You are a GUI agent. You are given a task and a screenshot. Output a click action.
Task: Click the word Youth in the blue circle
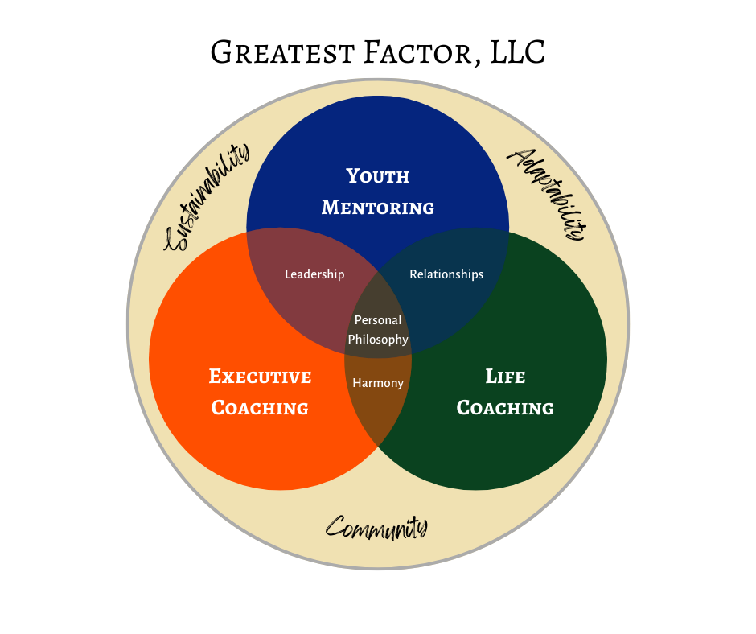point(377,176)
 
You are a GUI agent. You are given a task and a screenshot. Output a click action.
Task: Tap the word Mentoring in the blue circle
point(377,208)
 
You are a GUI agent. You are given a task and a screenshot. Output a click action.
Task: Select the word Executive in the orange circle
point(260,377)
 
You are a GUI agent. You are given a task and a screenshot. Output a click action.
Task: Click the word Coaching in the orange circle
point(260,408)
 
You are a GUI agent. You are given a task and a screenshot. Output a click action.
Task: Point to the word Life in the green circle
point(505,377)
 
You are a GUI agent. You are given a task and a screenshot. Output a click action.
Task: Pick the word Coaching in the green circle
point(505,408)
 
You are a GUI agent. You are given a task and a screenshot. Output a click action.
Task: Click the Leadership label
point(314,274)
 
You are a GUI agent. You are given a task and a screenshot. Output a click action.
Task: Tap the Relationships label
point(446,274)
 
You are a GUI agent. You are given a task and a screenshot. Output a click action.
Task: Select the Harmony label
point(378,383)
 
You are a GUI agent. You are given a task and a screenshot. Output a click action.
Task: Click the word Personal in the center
point(378,320)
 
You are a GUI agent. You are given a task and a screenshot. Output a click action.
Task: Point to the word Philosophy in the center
point(378,340)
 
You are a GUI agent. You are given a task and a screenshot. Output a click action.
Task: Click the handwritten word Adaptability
point(548,193)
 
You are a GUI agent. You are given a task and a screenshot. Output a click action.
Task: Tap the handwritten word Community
point(376,528)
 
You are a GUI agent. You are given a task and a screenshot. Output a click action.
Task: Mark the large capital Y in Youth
point(352,175)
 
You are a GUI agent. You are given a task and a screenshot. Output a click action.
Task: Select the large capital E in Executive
point(215,376)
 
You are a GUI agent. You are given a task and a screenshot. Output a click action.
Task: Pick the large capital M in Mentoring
point(331,208)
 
